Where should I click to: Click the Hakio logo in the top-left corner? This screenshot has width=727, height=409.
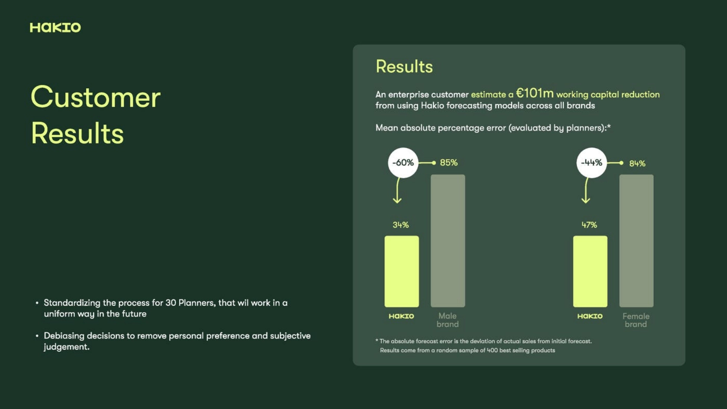(x=55, y=28)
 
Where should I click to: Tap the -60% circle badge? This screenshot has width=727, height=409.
(x=403, y=163)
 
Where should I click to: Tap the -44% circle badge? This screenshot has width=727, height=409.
(x=592, y=163)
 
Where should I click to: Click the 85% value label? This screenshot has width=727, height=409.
(x=449, y=163)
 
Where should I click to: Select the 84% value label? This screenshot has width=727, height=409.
(x=637, y=163)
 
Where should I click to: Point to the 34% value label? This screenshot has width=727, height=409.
(x=401, y=225)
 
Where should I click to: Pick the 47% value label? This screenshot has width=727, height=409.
(x=589, y=225)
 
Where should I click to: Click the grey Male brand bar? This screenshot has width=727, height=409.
(x=448, y=241)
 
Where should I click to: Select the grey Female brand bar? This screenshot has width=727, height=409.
(x=637, y=241)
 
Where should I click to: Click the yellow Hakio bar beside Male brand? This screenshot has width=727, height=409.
(x=402, y=272)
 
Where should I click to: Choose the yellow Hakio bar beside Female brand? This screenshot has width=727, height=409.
(x=590, y=272)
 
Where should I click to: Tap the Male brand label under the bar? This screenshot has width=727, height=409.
(x=447, y=320)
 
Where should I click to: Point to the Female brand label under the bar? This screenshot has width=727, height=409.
(x=636, y=320)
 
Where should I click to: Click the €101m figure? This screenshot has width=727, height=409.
(x=534, y=93)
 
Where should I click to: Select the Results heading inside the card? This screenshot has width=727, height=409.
(x=404, y=67)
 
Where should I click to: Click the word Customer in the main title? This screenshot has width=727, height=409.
(x=96, y=97)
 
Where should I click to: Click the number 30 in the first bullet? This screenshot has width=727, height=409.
(x=170, y=303)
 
